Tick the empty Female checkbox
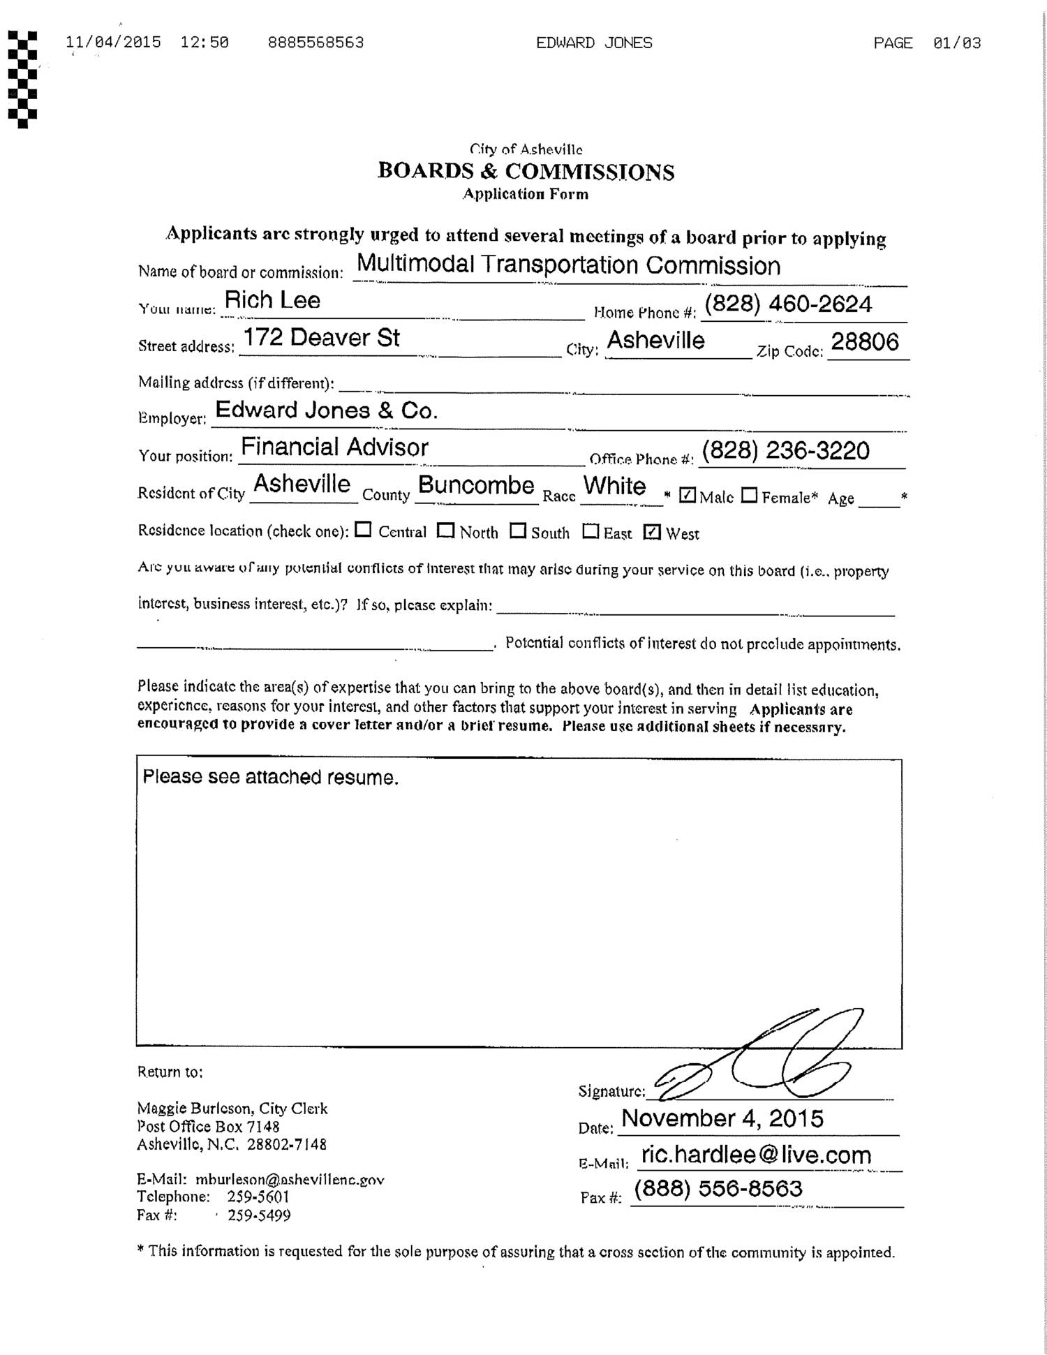click(x=749, y=495)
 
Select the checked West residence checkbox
click(x=652, y=532)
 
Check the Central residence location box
click(x=363, y=530)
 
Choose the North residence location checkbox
click(x=445, y=531)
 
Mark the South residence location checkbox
click(x=517, y=531)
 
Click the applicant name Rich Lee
click(x=272, y=300)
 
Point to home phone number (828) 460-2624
click(x=788, y=304)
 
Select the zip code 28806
click(x=865, y=341)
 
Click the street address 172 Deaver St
click(x=320, y=338)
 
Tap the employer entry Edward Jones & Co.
click(x=326, y=410)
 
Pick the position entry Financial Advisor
click(x=334, y=447)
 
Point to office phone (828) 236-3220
click(x=785, y=451)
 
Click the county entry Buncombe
click(x=476, y=485)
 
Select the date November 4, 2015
click(x=722, y=1118)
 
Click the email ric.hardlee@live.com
click(x=756, y=1155)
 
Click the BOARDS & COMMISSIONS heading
click(x=526, y=172)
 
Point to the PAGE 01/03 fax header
click(x=926, y=43)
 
